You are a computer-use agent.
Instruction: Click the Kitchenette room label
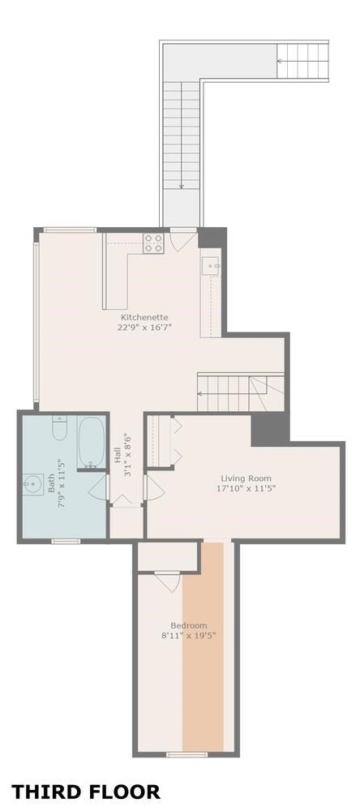144,317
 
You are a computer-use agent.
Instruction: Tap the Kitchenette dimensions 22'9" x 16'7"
144,328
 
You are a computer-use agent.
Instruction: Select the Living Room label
246,478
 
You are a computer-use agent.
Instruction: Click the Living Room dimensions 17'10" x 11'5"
246,489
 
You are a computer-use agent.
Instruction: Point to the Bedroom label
189,625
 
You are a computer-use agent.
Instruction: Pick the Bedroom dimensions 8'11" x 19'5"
189,636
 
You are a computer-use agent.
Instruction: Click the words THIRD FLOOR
86,792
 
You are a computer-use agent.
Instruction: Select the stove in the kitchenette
154,242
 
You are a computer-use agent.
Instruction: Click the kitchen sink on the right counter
211,265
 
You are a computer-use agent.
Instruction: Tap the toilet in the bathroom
59,427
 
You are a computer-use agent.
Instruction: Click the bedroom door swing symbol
168,581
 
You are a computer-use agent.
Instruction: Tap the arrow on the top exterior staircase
284,60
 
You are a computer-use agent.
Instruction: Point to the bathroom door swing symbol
98,487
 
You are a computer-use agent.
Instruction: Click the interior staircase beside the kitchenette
241,393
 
